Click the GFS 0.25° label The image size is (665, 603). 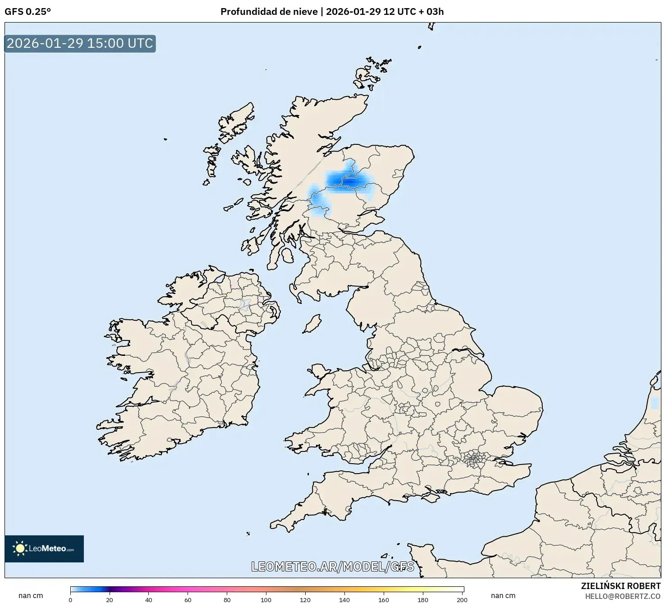(x=28, y=12)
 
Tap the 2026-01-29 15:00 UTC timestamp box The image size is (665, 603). (x=80, y=43)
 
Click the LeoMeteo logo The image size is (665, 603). (x=44, y=548)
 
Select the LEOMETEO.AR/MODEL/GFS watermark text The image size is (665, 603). (x=332, y=566)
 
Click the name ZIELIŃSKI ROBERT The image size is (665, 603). (x=620, y=586)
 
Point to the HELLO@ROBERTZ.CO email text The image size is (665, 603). (x=623, y=596)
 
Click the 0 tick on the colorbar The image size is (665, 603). (x=70, y=600)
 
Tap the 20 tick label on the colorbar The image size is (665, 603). (x=110, y=600)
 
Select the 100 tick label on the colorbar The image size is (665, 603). (x=266, y=600)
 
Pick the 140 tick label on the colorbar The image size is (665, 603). (x=344, y=600)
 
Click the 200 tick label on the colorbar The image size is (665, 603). (x=462, y=600)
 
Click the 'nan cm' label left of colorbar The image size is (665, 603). (x=31, y=595)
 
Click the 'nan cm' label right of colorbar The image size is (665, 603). (x=503, y=595)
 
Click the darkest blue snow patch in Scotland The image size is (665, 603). (x=349, y=181)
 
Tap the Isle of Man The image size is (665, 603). (x=312, y=324)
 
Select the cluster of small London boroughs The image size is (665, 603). (x=474, y=459)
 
